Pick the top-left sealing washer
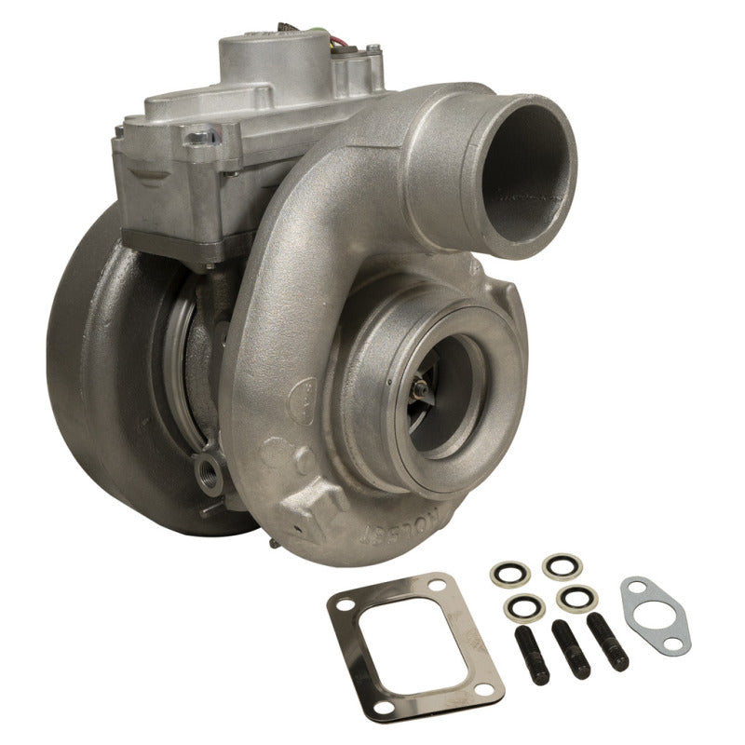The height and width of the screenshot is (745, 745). [508, 570]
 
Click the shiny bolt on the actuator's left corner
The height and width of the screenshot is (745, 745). [197, 139]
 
